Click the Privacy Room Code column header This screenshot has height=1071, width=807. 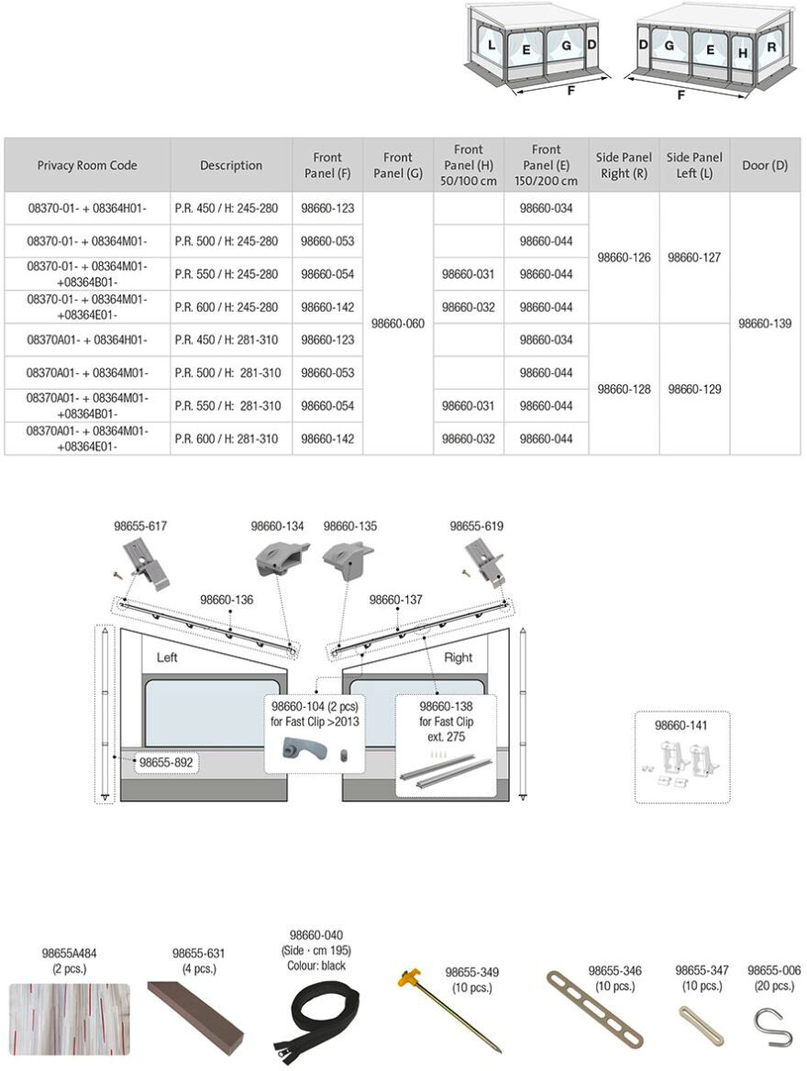point(87,165)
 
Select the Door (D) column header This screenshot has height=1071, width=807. point(765,165)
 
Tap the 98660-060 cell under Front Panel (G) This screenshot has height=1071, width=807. point(398,324)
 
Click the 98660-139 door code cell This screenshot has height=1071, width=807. point(765,324)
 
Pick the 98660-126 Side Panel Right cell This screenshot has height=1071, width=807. point(624,258)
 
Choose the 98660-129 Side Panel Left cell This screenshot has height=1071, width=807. point(694,390)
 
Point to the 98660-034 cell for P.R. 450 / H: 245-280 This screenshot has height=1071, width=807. point(546,208)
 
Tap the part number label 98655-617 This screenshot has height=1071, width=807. point(140,526)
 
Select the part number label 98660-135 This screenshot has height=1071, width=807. point(350,526)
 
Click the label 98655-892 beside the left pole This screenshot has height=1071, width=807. point(166,761)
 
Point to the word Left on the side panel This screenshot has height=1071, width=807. point(167,657)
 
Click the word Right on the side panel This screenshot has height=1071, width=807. point(458,657)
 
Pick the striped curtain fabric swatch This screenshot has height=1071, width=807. point(70,1018)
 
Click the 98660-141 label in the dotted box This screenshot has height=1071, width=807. point(682,725)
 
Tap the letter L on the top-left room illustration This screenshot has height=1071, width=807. point(492,45)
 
